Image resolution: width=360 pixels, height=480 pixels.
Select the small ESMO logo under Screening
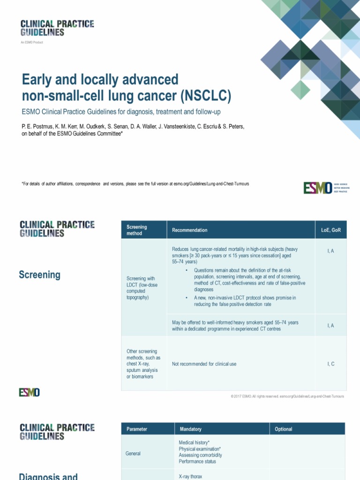29,392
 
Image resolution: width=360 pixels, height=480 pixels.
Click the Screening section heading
39,275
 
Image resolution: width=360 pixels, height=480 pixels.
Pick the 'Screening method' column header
137,230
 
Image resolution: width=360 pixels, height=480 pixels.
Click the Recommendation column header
189,230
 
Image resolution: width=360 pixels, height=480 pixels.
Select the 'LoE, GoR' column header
330,230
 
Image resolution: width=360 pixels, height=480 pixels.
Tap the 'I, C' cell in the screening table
330,364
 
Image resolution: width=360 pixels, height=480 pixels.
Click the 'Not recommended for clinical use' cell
204,364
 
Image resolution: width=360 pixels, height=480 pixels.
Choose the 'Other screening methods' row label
143,364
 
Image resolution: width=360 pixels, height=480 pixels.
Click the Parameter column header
136,429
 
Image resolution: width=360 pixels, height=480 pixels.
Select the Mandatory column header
190,429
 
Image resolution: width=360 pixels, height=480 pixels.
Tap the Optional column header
284,429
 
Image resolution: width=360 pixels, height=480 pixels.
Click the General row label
133,453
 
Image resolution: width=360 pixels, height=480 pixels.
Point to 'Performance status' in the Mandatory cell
197,461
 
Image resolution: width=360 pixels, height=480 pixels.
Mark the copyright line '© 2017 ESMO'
287,397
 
